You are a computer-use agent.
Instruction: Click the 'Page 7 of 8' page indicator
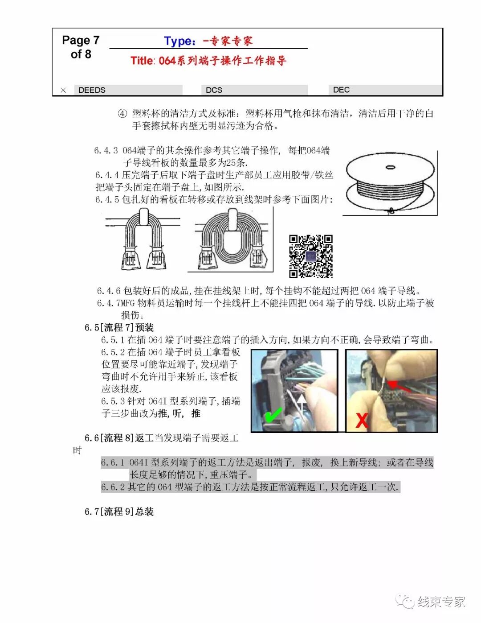[x=81, y=47]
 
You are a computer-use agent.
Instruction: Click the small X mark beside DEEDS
[x=63, y=90]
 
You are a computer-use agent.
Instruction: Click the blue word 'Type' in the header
[x=178, y=41]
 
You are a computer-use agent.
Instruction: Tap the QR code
[x=310, y=256]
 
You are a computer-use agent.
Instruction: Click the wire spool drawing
[x=390, y=183]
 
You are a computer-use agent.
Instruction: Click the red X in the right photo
[x=362, y=420]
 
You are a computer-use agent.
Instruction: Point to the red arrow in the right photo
[x=399, y=386]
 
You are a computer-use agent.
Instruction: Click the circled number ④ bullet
[x=122, y=113]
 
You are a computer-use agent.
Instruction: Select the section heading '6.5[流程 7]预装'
[x=119, y=328]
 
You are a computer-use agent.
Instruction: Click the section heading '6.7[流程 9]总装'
[x=119, y=512]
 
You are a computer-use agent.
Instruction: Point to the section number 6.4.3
[x=106, y=151]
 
